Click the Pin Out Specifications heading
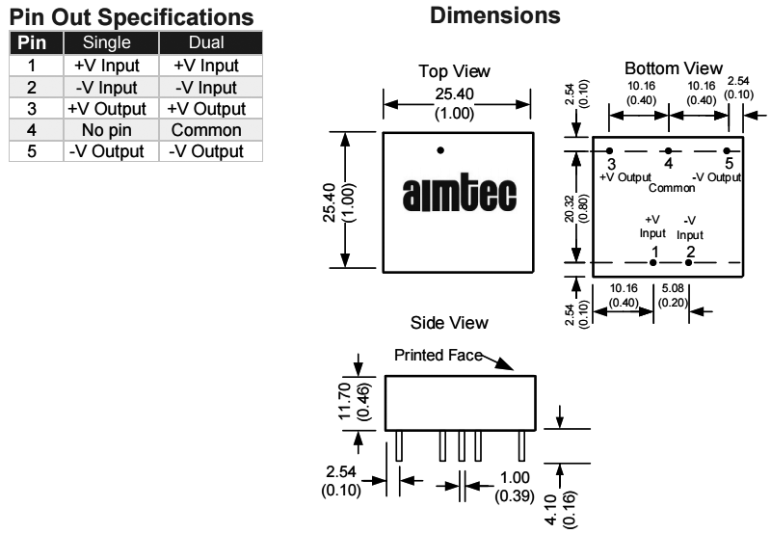click(131, 17)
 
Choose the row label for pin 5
click(35, 150)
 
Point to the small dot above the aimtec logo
click(440, 149)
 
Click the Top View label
click(455, 72)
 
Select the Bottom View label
click(673, 69)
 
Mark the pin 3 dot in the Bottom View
click(610, 151)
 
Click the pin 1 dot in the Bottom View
click(653, 262)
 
